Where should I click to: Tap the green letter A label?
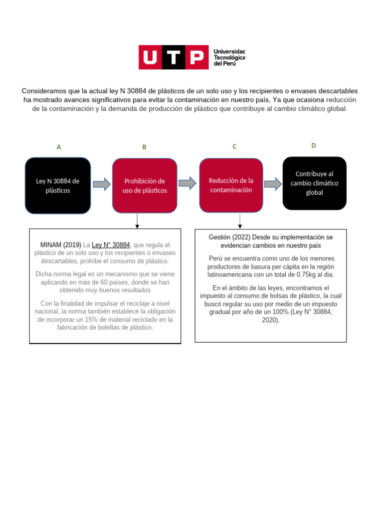[59, 147]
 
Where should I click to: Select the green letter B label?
[144, 147]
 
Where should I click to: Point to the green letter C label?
[234, 147]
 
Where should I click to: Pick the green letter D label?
[314, 146]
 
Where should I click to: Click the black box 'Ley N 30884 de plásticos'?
[58, 186]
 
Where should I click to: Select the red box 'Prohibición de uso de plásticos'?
[144, 186]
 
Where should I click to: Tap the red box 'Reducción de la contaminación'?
[231, 185]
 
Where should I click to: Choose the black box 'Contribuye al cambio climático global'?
[314, 183]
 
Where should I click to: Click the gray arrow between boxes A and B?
[102, 184]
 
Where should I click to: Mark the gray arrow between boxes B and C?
[187, 183]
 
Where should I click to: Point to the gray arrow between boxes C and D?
[273, 184]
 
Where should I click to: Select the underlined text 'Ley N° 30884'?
[111, 245]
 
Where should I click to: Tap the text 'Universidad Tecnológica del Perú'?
[229, 58]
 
